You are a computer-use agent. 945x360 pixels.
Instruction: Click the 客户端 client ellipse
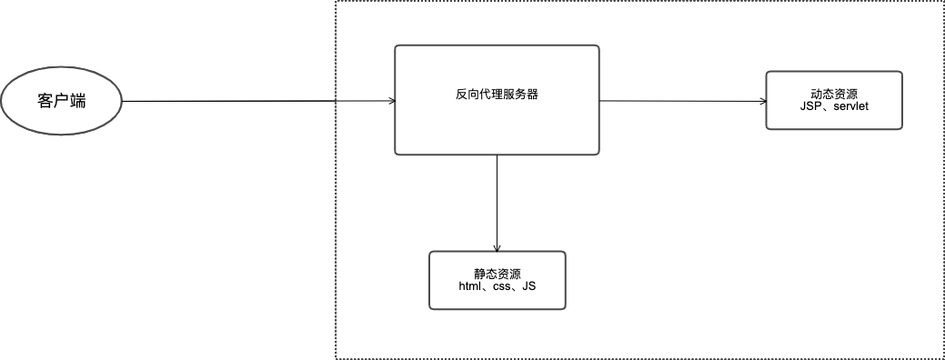point(62,101)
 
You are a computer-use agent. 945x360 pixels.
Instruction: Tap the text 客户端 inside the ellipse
point(62,101)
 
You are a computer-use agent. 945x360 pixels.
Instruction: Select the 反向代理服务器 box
point(497,127)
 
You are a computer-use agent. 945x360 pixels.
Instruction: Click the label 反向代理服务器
point(497,94)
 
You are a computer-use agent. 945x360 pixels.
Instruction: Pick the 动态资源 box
point(834,113)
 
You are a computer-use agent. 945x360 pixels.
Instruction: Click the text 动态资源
point(834,94)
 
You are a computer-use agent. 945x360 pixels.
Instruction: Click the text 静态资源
point(497,274)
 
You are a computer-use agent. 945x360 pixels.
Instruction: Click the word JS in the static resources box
point(529,287)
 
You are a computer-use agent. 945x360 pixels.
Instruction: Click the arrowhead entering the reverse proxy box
point(390,101)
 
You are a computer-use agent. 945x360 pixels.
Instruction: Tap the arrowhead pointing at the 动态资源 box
point(762,101)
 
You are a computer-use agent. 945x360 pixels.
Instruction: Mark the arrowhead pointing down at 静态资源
point(497,247)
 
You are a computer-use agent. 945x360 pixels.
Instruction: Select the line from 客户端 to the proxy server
point(227,101)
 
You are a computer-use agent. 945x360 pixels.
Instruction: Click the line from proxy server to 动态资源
point(682,101)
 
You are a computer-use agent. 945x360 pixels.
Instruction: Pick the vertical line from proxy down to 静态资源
point(497,200)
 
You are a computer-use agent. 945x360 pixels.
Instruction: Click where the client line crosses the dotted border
point(337,101)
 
